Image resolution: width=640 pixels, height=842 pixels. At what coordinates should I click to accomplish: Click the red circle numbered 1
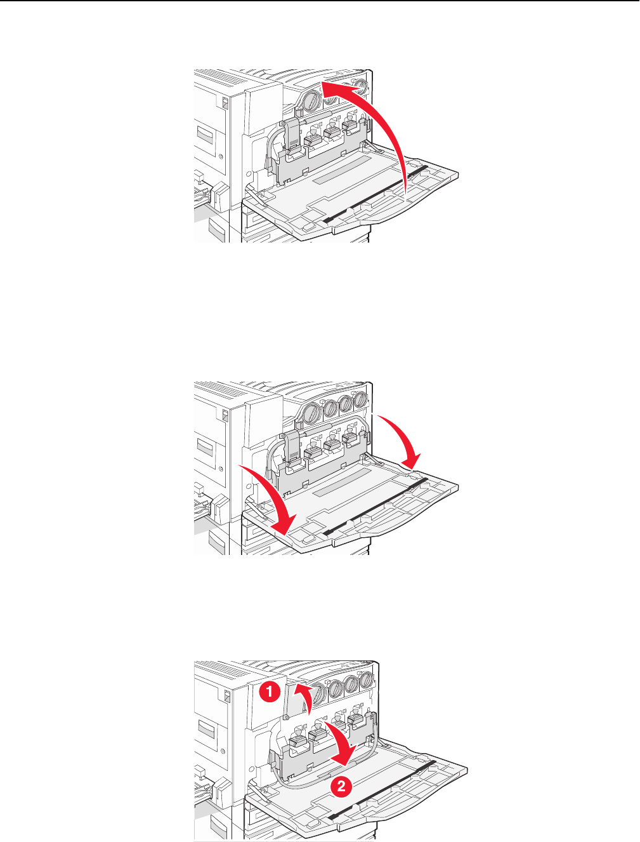pyautogui.click(x=270, y=692)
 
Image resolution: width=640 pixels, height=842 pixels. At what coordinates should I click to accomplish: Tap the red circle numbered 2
pyautogui.click(x=341, y=786)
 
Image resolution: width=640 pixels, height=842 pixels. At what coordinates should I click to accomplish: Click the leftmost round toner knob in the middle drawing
pyautogui.click(x=312, y=413)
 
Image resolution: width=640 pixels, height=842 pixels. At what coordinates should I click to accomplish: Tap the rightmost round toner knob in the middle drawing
pyautogui.click(x=360, y=399)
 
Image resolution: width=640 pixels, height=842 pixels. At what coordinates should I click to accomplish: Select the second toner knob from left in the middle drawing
pyautogui.click(x=331, y=409)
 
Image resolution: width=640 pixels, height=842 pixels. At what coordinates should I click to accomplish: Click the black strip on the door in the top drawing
pyautogui.click(x=375, y=194)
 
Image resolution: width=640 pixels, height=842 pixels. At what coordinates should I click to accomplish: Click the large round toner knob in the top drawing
pyautogui.click(x=311, y=102)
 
